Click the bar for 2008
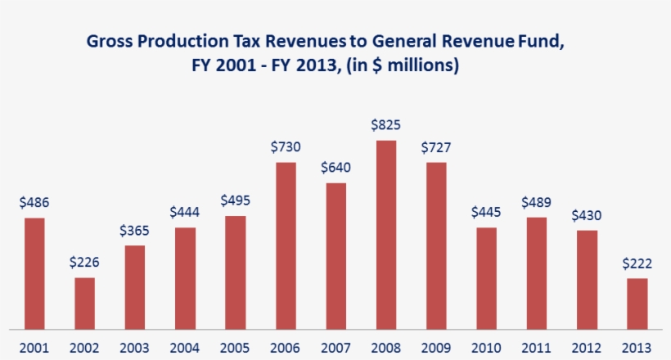pyautogui.click(x=386, y=235)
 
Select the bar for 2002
pyautogui.click(x=85, y=304)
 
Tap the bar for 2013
pyautogui.click(x=637, y=304)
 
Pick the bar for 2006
pyautogui.click(x=286, y=245)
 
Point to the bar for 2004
pyautogui.click(x=185, y=278)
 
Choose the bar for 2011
pyautogui.click(x=537, y=273)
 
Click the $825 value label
pyautogui.click(x=386, y=125)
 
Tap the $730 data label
pyautogui.click(x=286, y=147)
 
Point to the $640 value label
pyautogui.click(x=335, y=168)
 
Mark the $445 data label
pyautogui.click(x=486, y=212)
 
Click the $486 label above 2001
pyautogui.click(x=34, y=202)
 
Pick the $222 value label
pyautogui.click(x=637, y=263)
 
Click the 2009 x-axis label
pyautogui.click(x=436, y=348)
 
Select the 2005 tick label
pyautogui.click(x=235, y=348)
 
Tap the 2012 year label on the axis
pyautogui.click(x=587, y=348)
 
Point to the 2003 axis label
pyautogui.click(x=135, y=348)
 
